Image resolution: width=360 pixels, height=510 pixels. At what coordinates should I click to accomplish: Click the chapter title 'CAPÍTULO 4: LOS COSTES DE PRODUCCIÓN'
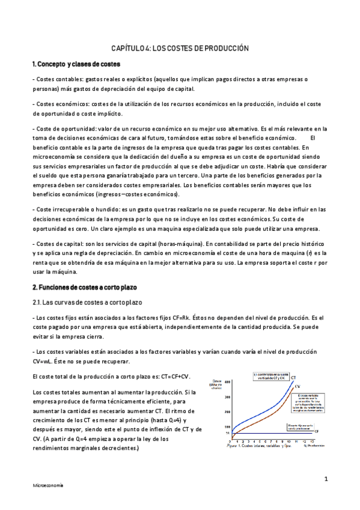pyautogui.click(x=180, y=48)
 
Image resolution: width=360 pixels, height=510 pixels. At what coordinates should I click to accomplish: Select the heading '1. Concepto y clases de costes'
pyautogui.click(x=76, y=64)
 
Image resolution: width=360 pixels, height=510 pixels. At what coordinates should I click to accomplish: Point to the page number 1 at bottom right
pyautogui.click(x=325, y=479)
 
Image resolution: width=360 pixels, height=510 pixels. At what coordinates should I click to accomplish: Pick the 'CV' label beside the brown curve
pyautogui.click(x=297, y=388)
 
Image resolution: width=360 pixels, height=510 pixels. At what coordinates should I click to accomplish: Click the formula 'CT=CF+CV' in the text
pyautogui.click(x=172, y=376)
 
